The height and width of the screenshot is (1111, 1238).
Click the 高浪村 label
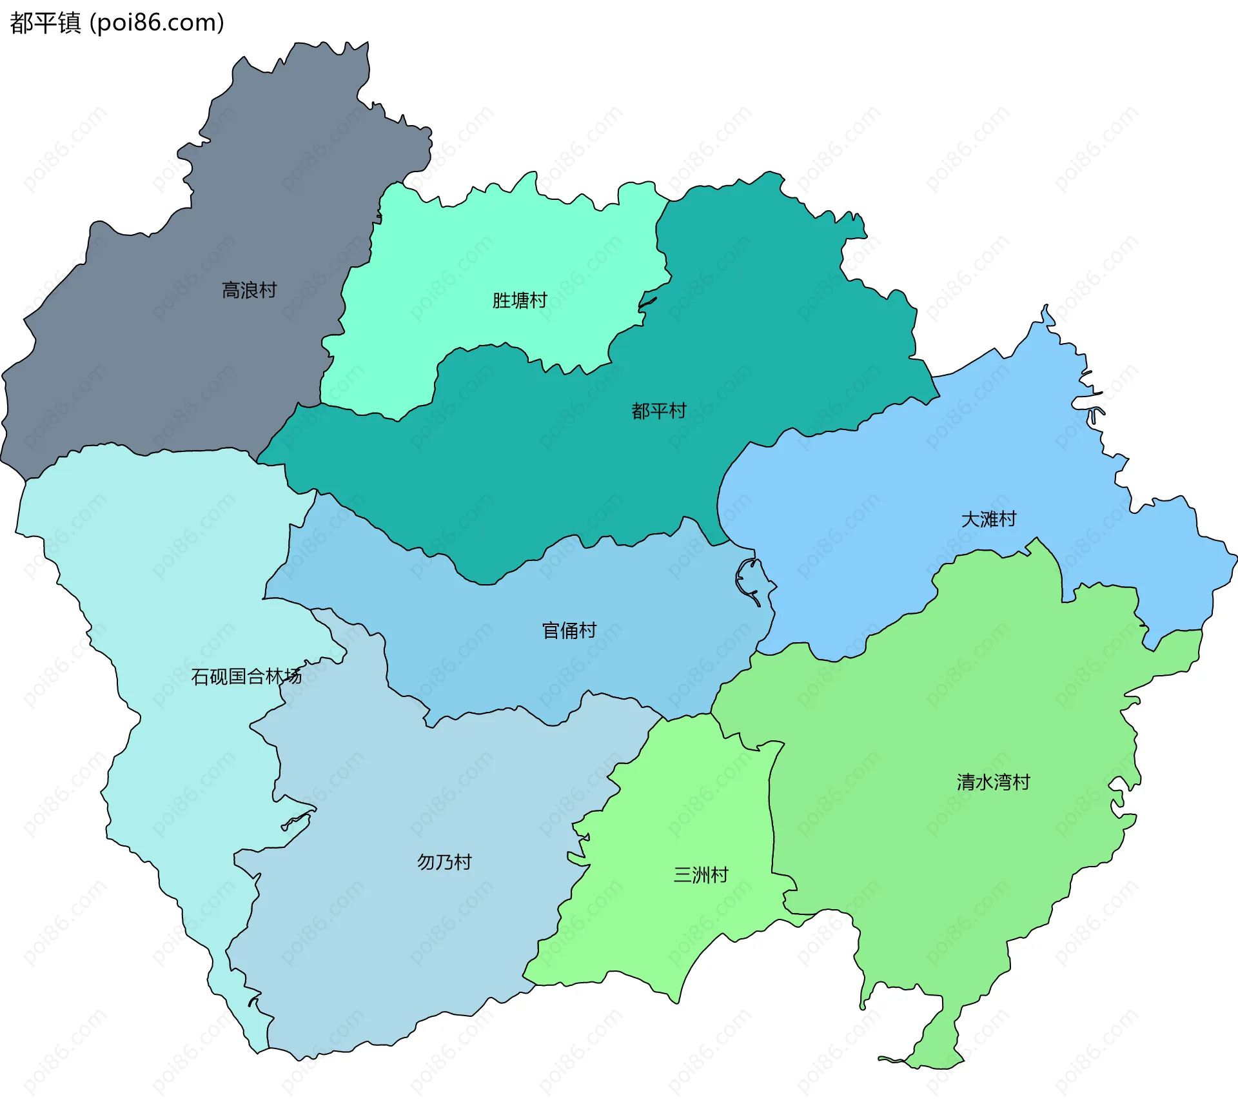(x=249, y=290)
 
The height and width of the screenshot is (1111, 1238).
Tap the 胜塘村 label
(x=519, y=300)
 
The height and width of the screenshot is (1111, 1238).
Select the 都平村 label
(x=658, y=411)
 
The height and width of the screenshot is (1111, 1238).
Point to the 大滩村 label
(x=988, y=519)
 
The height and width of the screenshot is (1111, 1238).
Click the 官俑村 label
(x=569, y=630)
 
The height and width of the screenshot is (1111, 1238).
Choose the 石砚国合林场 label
(x=246, y=676)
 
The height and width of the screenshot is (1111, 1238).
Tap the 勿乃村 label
(x=444, y=861)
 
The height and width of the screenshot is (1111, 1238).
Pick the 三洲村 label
(x=701, y=874)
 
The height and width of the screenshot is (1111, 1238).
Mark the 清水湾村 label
(x=993, y=782)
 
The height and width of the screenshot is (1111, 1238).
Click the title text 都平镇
(x=45, y=23)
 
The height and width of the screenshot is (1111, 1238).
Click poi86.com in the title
(x=157, y=23)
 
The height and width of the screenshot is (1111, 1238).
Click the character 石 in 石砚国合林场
(x=200, y=676)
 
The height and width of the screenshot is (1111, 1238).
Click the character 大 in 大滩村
(x=970, y=519)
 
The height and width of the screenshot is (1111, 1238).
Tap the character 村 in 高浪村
(x=268, y=290)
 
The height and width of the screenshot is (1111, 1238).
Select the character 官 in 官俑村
(x=551, y=630)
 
